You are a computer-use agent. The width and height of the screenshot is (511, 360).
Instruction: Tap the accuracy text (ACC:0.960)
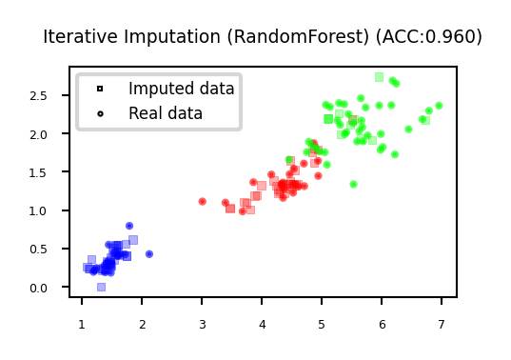tap(432, 37)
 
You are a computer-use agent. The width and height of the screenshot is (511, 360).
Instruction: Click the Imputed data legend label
tap(181, 89)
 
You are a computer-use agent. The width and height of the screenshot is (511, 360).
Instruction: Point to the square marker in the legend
tap(100, 89)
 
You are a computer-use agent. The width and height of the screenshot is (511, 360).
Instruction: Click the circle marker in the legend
tap(100, 113)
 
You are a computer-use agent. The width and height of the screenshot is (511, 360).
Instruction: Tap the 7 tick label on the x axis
tap(441, 326)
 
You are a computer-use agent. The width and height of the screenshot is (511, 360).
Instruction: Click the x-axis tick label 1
tap(81, 326)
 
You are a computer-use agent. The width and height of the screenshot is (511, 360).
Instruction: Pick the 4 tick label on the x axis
tap(262, 326)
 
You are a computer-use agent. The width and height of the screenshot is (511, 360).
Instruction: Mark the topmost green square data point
tap(379, 77)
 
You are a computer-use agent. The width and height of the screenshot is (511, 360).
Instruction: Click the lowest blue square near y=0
tap(101, 287)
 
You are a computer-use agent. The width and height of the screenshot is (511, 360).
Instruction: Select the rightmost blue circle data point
tap(149, 254)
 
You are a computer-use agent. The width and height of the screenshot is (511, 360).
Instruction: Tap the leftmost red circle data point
tap(202, 202)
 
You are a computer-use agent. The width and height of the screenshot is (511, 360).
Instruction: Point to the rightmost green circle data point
tap(439, 106)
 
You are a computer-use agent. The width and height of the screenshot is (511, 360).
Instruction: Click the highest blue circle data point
tap(129, 227)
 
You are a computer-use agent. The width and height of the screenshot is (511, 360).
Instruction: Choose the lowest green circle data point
tap(353, 185)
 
